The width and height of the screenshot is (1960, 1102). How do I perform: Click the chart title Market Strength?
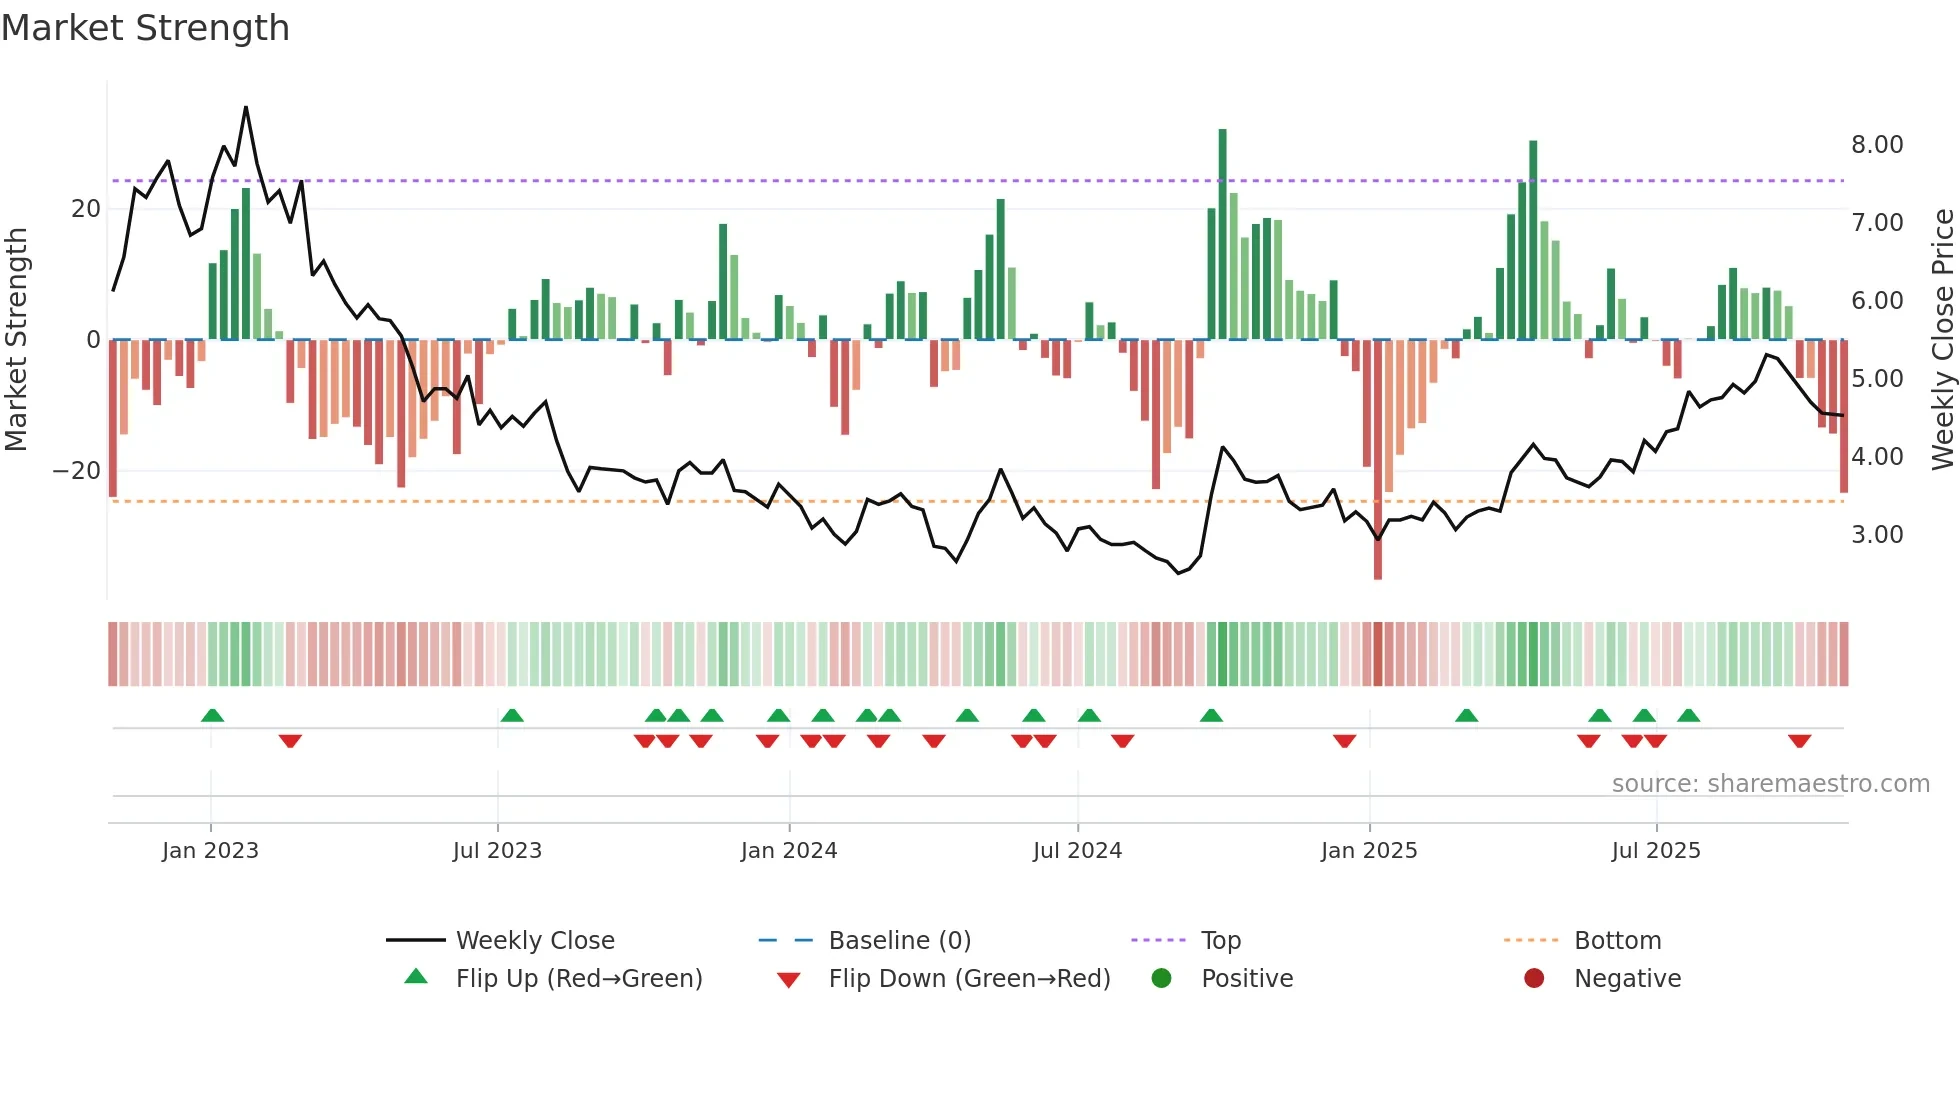[x=145, y=28]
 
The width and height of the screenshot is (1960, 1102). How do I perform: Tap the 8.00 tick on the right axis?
[x=1876, y=145]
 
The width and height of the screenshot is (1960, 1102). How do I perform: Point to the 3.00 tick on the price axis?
[x=1876, y=535]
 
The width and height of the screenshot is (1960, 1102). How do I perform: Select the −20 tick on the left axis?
[x=76, y=471]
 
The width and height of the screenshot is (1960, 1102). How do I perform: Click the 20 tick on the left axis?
[x=86, y=209]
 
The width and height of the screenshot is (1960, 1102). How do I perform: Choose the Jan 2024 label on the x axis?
[x=788, y=851]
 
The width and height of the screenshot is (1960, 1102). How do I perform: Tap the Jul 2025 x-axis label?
[x=1655, y=851]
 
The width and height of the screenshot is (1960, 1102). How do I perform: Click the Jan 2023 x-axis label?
[x=210, y=851]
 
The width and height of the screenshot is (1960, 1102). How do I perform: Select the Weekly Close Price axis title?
[x=1942, y=339]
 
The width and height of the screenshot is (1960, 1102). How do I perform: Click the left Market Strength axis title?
[x=17, y=339]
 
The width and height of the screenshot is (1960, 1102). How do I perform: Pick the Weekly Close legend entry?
[x=534, y=941]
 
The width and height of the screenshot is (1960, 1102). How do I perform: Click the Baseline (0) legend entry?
[x=899, y=941]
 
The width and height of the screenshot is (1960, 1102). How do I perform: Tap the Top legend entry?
[x=1220, y=941]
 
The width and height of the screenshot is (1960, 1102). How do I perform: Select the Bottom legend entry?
[x=1617, y=941]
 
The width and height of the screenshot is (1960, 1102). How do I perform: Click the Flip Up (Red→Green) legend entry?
[x=578, y=979]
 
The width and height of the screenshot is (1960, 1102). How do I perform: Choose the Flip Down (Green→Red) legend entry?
[x=969, y=979]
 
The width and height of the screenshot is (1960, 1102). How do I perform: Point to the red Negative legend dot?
[x=1533, y=979]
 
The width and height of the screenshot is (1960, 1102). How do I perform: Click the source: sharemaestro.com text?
[x=1770, y=784]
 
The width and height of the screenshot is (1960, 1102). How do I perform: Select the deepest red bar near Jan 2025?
[x=1378, y=460]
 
